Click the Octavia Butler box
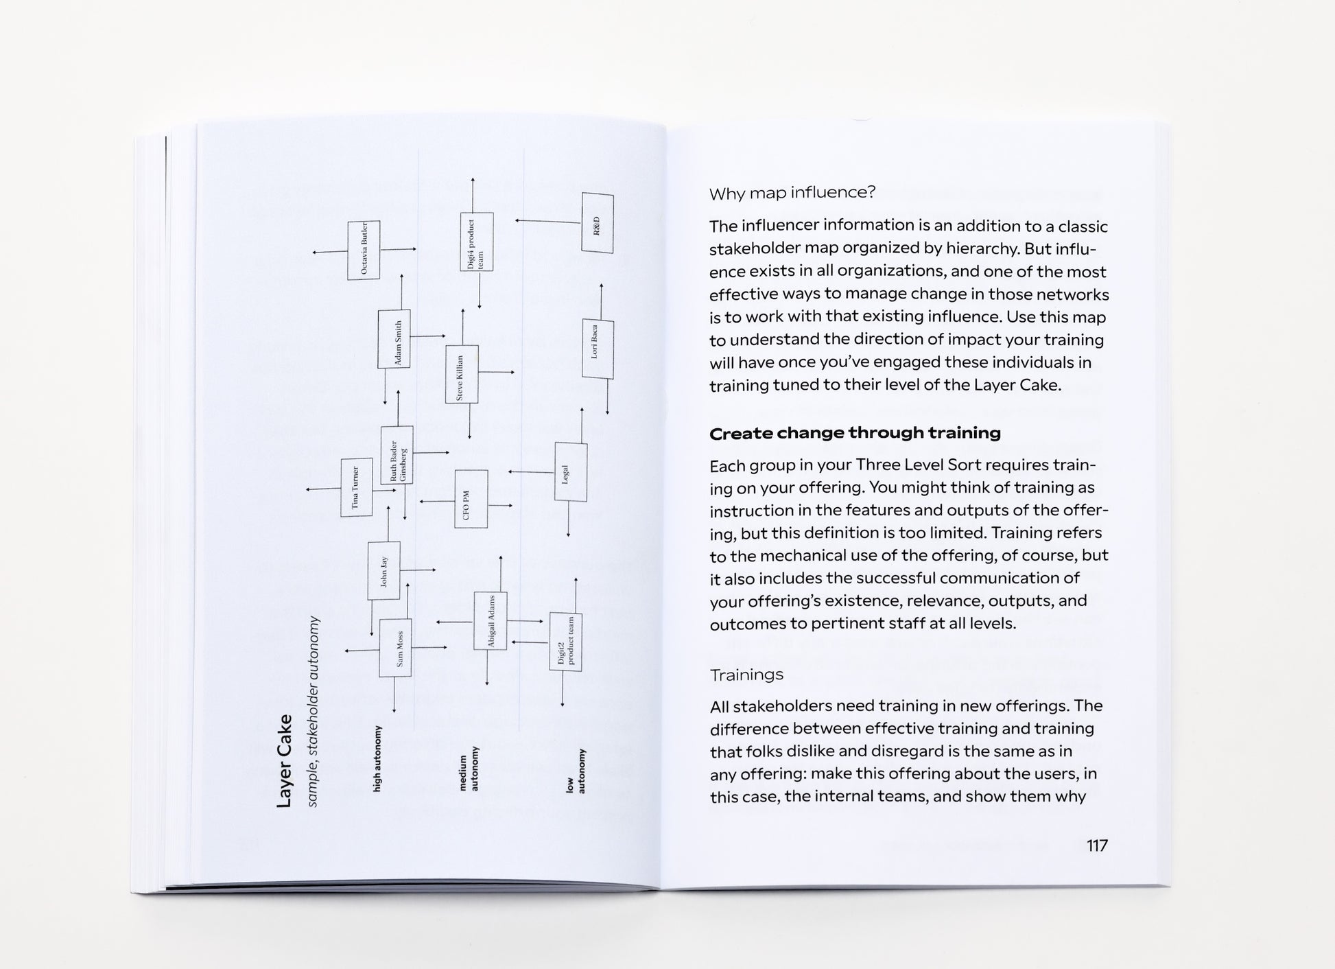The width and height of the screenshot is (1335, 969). click(364, 250)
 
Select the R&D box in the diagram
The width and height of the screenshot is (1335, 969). click(597, 223)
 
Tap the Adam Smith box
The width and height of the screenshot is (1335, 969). click(394, 339)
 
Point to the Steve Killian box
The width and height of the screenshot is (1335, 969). click(462, 374)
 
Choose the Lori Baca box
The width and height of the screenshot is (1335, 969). click(597, 349)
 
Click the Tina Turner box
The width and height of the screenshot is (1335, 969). click(357, 487)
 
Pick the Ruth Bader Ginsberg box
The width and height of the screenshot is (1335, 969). click(397, 455)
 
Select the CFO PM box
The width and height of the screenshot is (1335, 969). click(471, 499)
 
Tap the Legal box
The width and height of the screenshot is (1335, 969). click(570, 472)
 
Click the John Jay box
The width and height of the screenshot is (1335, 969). click(384, 570)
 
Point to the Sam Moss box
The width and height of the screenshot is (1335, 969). click(396, 647)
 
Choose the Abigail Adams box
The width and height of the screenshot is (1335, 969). click(491, 621)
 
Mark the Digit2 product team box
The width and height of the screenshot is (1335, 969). click(565, 642)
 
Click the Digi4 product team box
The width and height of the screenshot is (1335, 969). click(476, 242)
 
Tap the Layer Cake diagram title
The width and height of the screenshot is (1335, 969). click(284, 760)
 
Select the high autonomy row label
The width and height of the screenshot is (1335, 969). click(377, 758)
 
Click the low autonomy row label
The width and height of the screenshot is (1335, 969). click(576, 771)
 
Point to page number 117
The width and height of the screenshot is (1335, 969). click(1097, 845)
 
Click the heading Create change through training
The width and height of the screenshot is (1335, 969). click(855, 433)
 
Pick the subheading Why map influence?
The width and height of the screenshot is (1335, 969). click(792, 193)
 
